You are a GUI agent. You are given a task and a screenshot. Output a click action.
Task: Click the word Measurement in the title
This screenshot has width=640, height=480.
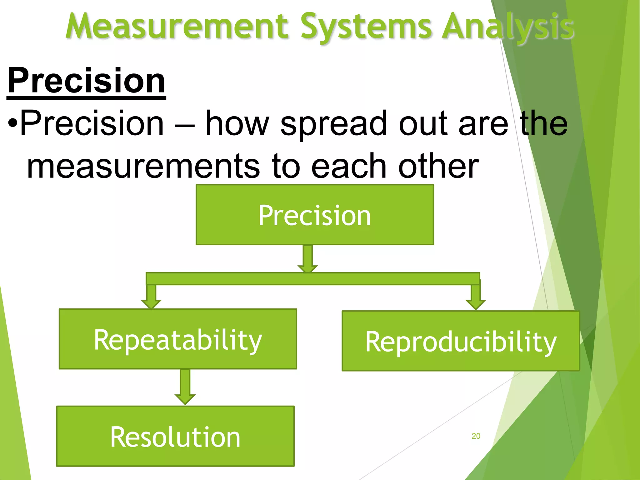(x=177, y=27)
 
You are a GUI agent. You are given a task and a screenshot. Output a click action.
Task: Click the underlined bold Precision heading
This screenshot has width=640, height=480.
(x=86, y=81)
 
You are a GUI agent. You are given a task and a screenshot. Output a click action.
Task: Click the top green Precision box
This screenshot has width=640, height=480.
(x=315, y=215)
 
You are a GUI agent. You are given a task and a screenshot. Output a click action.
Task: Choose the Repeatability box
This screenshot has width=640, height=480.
(x=178, y=339)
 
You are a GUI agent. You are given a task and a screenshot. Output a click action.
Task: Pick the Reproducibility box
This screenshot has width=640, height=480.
(x=461, y=341)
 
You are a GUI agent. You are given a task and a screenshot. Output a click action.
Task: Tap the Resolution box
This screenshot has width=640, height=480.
(x=175, y=437)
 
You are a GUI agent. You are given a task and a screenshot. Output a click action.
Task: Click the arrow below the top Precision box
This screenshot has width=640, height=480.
(x=308, y=259)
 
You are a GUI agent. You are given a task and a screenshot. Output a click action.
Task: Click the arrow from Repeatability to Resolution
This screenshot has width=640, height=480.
(x=185, y=387)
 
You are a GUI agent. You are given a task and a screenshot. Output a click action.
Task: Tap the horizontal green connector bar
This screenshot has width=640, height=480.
(x=312, y=279)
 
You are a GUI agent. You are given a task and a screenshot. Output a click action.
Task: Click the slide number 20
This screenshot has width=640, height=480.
(x=476, y=436)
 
